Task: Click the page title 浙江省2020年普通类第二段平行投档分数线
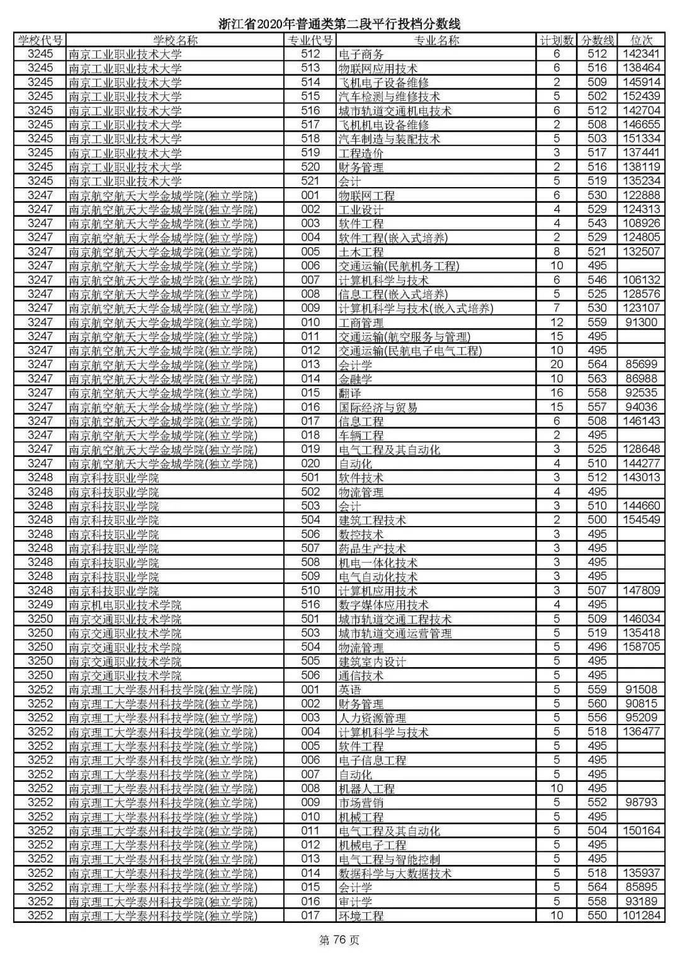[339, 24]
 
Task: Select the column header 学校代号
[40, 40]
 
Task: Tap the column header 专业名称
[436, 40]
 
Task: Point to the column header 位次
[641, 40]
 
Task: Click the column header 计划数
[557, 40]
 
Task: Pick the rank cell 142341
[641, 54]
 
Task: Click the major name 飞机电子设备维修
[383, 83]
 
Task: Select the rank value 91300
[641, 323]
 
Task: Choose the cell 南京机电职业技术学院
[125, 605]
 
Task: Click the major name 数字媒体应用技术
[383, 605]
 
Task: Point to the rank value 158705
[641, 647]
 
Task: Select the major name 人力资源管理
[372, 718]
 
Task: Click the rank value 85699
[641, 365]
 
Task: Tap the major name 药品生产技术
[372, 549]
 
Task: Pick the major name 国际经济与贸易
[378, 407]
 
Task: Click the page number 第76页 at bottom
[339, 941]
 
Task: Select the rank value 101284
[641, 915]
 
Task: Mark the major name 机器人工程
[366, 788]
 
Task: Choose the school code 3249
[40, 605]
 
